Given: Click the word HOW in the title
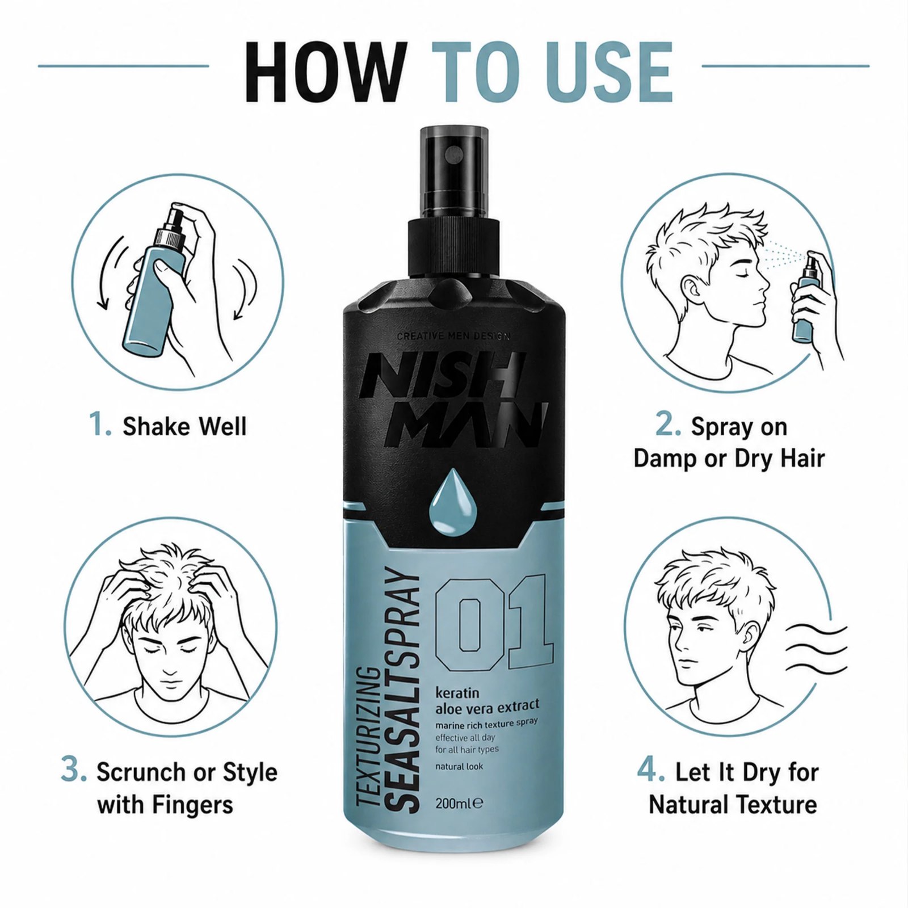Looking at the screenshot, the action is pos(327,72).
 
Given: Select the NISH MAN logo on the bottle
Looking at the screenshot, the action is pos(454,400).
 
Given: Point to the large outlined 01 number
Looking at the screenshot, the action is pos(493,621).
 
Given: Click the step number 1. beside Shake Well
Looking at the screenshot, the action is pos(100,425).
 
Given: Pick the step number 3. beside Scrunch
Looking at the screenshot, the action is pos(74,771).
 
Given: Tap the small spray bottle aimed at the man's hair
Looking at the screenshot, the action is pos(806,298).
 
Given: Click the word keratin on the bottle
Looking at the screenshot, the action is pos(457,693).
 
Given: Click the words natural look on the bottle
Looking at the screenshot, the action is pos(459,766).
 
